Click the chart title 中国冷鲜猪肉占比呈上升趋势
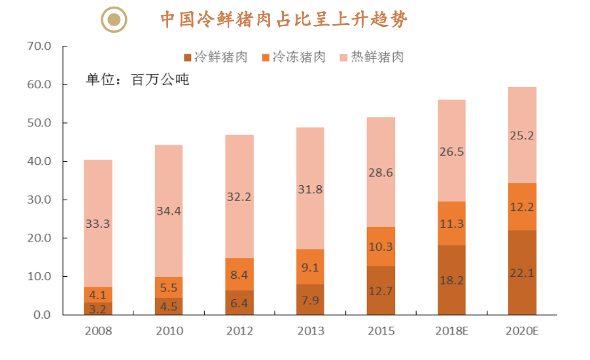285,20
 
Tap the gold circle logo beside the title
114,20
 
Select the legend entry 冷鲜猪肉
215,57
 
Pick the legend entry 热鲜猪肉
371,57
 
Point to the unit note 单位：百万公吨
137,80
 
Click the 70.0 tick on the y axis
39,46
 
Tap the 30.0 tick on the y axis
39,200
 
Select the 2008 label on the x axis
98,331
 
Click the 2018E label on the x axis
451,331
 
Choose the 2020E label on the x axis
521,331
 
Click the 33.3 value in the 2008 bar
97,223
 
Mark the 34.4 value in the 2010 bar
168,211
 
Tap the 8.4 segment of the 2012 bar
239,275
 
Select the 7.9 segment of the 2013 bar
309,300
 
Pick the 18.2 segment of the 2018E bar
451,280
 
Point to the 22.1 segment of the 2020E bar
521,273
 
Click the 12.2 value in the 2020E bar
521,207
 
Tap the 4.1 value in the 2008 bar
97,295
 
